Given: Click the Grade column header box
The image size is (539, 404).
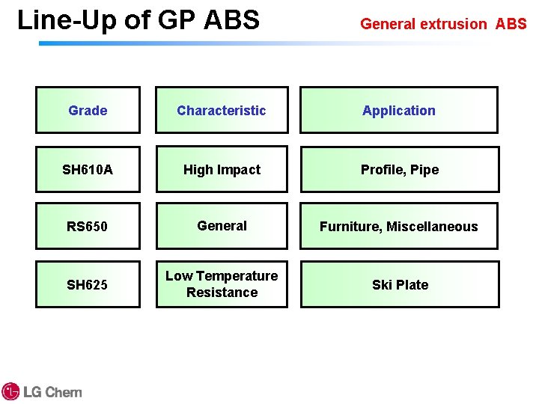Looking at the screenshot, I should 88,110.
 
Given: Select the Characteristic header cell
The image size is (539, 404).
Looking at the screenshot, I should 221,110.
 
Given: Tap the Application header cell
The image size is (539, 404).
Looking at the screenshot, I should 399,110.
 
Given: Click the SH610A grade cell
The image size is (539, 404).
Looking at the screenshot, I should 88,170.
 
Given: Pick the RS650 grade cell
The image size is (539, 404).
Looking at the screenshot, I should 88,226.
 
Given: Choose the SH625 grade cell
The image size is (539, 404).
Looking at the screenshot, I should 88,284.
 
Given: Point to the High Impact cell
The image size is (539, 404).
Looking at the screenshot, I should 222,170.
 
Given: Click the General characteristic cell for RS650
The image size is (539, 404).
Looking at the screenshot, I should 222,225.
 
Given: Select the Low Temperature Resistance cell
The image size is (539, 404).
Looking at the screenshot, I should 222,284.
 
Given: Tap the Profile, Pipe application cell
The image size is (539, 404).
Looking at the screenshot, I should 400,170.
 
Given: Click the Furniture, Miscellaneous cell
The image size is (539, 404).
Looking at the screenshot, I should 399,226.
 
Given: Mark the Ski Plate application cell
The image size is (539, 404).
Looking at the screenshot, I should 400,284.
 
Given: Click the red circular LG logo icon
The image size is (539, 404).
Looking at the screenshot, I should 10,391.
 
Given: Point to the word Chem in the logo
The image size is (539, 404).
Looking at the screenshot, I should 64,392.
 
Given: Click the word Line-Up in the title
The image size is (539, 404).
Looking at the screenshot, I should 67,20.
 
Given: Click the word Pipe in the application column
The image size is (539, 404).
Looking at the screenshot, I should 424,170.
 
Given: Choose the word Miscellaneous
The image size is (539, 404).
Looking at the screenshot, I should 432,226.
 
